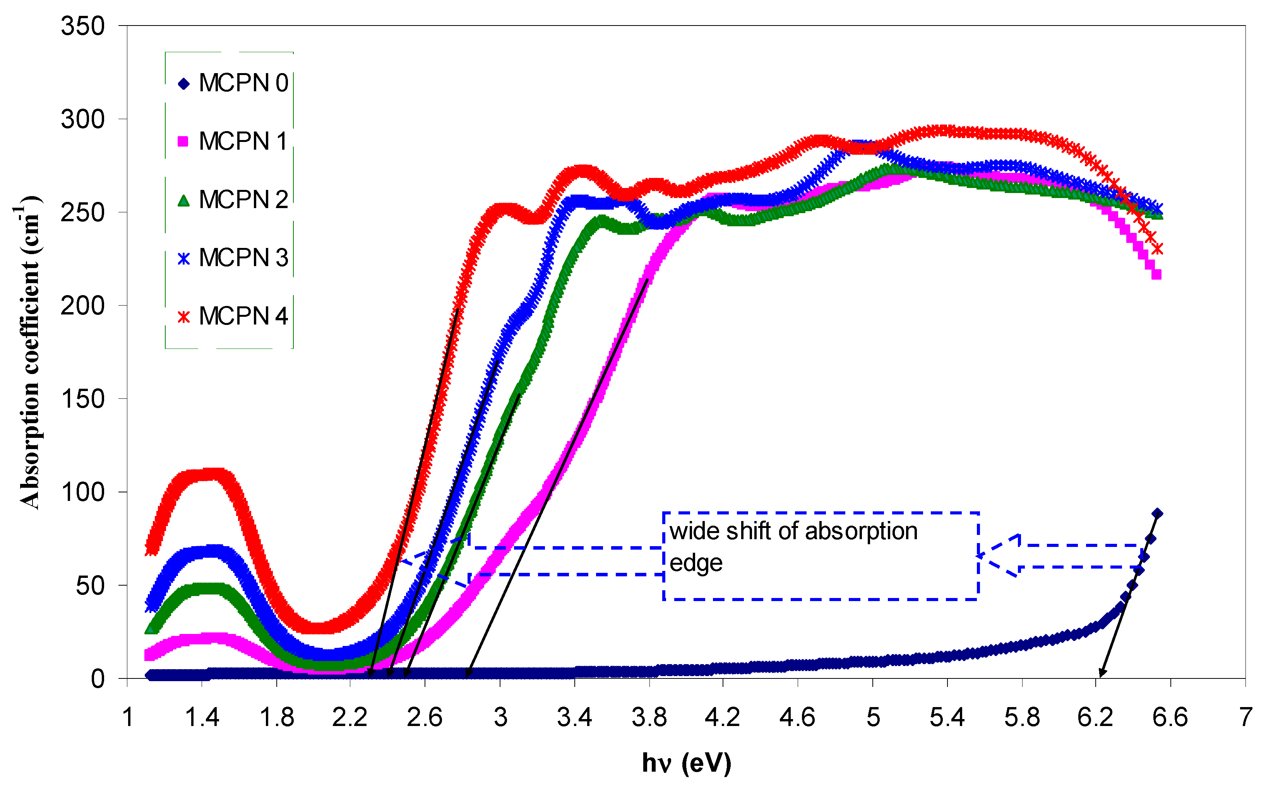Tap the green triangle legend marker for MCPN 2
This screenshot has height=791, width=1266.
tap(183, 200)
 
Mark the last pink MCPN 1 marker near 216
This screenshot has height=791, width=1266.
tap(1156, 275)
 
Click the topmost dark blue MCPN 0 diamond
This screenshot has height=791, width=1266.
tap(1157, 514)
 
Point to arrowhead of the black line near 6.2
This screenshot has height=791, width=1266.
tap(1101, 673)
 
